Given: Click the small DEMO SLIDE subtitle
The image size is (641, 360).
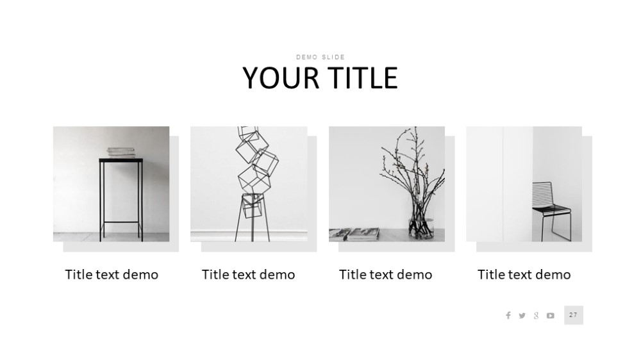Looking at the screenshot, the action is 320,57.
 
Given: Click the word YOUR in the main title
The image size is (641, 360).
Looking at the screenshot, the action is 281,78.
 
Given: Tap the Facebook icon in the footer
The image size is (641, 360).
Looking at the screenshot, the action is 508,315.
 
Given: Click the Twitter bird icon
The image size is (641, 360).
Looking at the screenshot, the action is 522,315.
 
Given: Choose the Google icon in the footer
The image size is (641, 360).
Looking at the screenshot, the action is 537,315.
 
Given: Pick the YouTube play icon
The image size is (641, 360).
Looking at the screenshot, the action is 551,315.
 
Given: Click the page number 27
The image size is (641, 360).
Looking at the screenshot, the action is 574,315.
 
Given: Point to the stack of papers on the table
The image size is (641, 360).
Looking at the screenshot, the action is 121,152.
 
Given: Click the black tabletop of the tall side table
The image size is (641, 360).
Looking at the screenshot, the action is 121,160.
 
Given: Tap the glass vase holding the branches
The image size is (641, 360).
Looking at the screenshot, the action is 421,228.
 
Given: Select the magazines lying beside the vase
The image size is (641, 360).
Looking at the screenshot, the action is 354,234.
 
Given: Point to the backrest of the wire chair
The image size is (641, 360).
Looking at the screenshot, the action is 542,194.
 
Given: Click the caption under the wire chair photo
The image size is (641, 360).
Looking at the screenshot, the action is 524,275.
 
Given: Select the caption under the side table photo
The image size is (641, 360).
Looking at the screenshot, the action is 112,275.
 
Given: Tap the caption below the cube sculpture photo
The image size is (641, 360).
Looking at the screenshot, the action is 249,275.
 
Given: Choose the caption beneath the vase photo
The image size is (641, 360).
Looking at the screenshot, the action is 385,275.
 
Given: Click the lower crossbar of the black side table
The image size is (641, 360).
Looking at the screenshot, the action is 121,223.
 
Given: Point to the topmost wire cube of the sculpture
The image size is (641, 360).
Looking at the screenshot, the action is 248,133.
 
